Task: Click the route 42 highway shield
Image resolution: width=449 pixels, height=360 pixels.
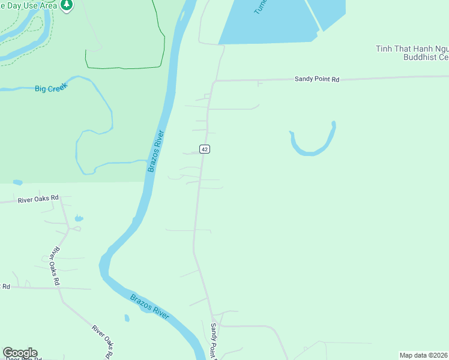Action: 205,149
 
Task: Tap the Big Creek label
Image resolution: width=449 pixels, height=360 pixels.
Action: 51,88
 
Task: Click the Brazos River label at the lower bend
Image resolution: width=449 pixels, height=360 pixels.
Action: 149,304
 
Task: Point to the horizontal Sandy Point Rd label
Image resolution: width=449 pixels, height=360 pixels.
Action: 316,79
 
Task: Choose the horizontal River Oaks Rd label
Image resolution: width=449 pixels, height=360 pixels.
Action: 38,198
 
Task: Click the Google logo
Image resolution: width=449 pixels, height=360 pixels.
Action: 20,353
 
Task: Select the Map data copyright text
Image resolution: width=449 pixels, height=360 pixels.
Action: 423,355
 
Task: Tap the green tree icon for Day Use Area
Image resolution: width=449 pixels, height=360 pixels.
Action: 68,5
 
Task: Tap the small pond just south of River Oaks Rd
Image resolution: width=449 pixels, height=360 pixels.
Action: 79,218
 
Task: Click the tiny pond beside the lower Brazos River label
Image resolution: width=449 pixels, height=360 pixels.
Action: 127,318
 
